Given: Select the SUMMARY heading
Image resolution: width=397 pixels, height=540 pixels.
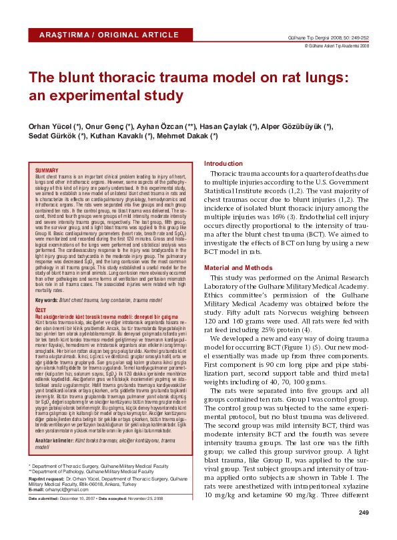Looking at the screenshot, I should [47, 171].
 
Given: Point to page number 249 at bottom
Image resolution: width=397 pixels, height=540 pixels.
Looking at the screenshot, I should [364, 513].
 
